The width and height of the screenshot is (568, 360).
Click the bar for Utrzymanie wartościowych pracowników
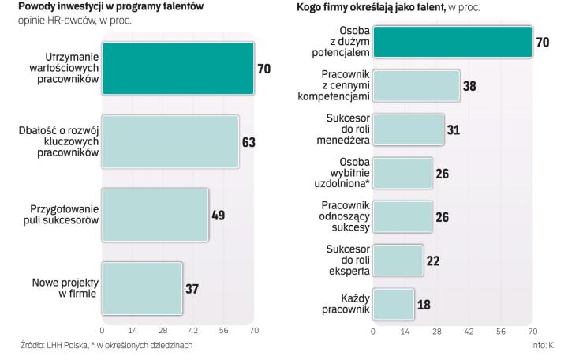coord(177,69)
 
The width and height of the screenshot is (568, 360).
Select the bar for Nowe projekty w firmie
coord(142,288)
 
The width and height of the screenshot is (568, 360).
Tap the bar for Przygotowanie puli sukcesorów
coord(155,215)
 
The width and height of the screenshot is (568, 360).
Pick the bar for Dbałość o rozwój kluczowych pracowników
coord(170,142)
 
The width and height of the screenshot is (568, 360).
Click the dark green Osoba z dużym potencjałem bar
coord(453,42)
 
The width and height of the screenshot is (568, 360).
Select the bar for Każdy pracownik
coord(394,304)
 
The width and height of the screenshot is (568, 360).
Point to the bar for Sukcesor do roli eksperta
coord(398,261)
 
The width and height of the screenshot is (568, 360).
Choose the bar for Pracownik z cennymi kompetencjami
coord(416,85)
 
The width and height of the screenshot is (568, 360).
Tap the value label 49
coord(218,215)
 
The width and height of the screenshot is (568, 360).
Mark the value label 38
coord(469,85)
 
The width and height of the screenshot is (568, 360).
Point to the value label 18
coord(424,304)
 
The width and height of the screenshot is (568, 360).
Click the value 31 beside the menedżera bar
coord(453,129)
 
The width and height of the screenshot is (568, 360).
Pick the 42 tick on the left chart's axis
coord(193,331)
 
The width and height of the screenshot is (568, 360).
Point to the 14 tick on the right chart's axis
coord(405,332)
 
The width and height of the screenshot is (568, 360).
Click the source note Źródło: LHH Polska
coord(52,345)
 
